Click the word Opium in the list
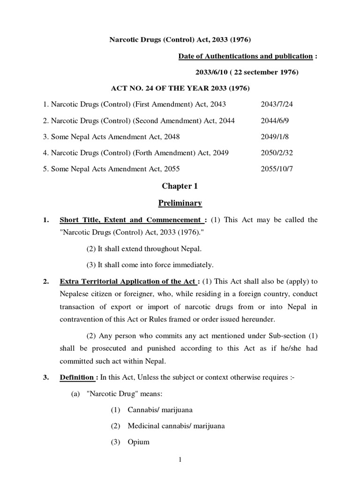tap(138, 442)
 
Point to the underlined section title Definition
tap(76, 378)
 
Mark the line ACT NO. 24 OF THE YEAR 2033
tap(180, 88)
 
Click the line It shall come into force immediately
tap(150, 265)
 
